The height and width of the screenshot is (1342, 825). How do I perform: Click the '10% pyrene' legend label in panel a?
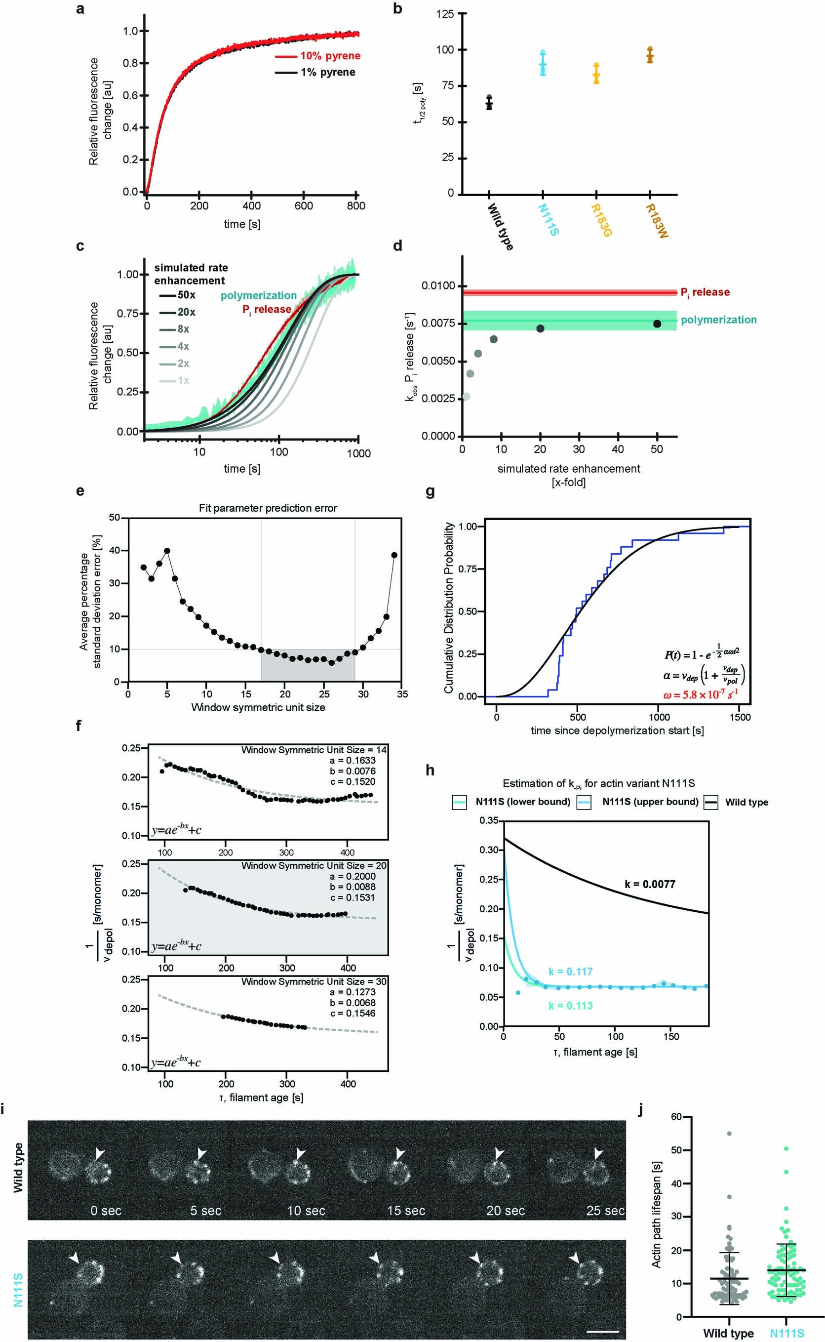[x=330, y=56]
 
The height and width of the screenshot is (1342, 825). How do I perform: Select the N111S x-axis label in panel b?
[x=549, y=219]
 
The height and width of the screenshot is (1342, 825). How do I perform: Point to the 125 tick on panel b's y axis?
[x=445, y=14]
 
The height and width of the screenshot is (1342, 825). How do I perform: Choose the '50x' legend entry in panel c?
[x=186, y=295]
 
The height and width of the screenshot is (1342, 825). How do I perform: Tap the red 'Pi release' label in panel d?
[x=705, y=292]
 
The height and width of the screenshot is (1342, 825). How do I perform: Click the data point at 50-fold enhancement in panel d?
[x=657, y=324]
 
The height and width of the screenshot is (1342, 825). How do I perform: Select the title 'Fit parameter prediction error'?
[x=268, y=508]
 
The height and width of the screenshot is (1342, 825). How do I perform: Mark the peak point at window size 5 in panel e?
[x=167, y=551]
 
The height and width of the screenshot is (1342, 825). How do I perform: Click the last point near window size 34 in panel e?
[x=394, y=555]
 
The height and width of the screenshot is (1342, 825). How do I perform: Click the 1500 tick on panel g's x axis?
[x=740, y=717]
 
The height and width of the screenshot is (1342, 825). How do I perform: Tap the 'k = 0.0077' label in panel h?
[x=650, y=884]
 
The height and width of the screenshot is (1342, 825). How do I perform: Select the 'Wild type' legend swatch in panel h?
[x=710, y=802]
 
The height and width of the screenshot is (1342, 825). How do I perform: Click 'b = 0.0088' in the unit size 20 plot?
[x=353, y=887]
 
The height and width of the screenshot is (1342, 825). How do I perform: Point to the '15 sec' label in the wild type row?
[x=406, y=1211]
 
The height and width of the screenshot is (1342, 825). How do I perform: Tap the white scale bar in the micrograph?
[x=602, y=1332]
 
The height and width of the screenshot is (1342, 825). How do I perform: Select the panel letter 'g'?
[x=430, y=492]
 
